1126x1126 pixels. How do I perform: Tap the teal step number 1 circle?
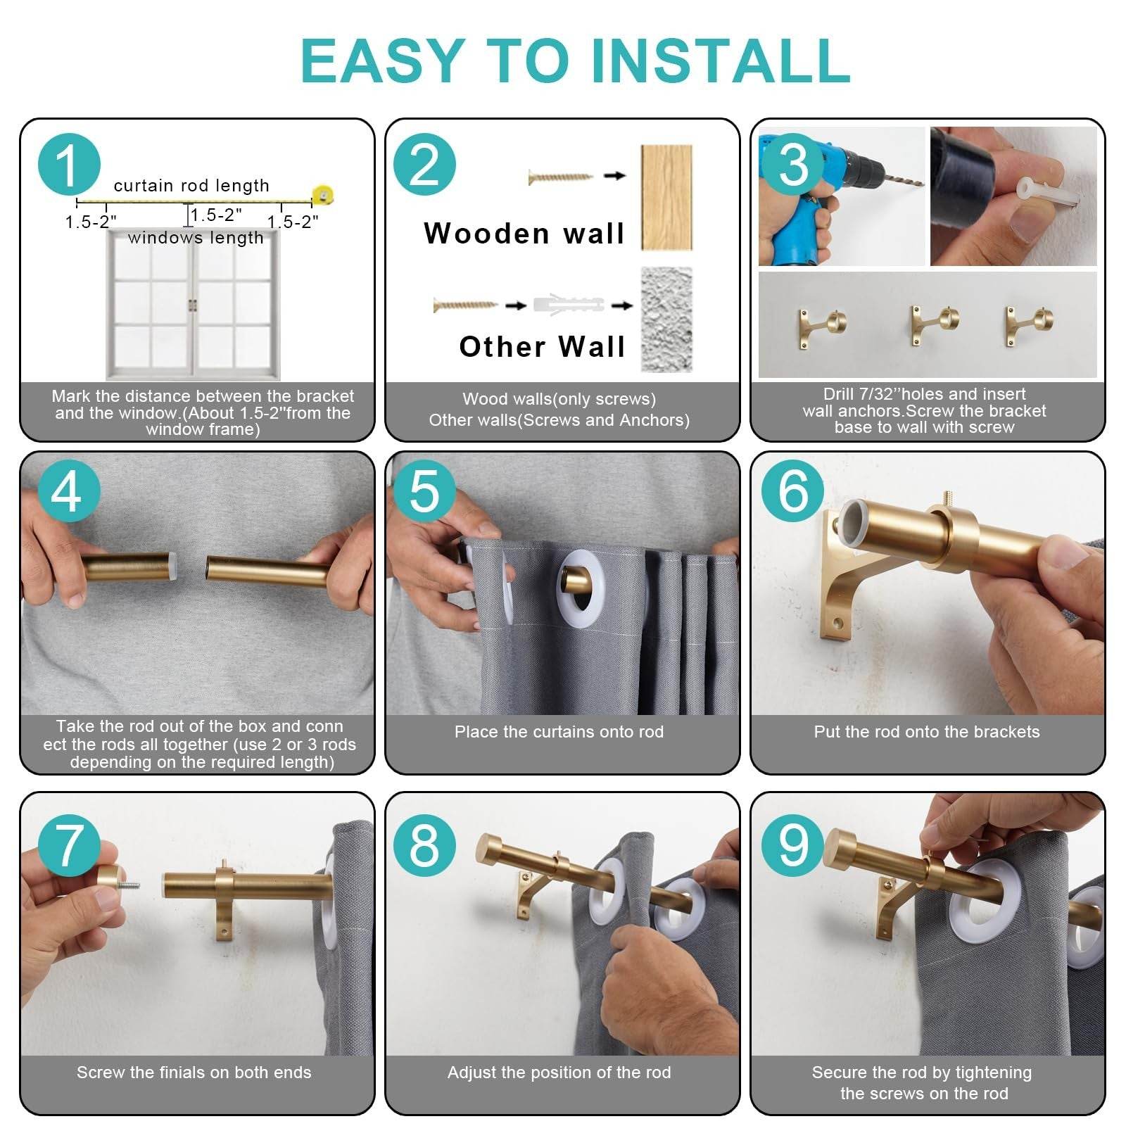click(69, 165)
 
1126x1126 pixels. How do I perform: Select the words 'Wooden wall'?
click(524, 234)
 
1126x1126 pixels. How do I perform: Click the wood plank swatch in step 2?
click(666, 197)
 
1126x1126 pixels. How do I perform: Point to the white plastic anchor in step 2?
click(569, 305)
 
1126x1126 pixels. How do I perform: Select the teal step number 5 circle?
click(424, 491)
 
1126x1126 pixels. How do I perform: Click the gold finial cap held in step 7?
click(113, 881)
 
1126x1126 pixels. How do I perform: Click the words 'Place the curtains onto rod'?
click(559, 732)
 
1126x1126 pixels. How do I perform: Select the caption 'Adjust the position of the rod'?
click(559, 1073)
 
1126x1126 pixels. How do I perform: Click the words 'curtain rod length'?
click(191, 186)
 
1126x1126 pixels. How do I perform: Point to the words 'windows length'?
click(196, 238)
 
